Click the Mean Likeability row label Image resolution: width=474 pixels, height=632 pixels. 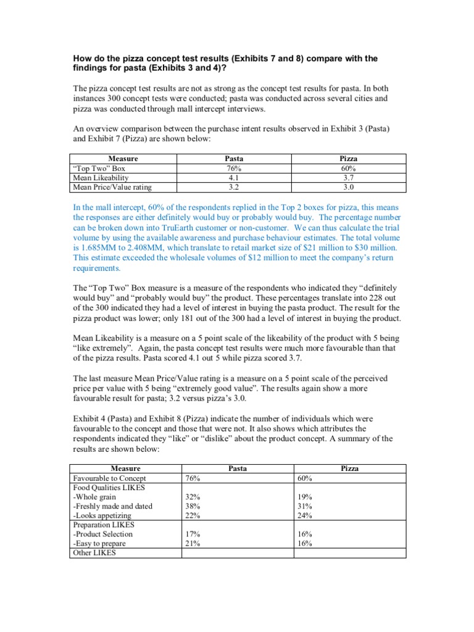click(101, 178)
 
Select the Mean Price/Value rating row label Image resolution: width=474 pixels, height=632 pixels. click(112, 186)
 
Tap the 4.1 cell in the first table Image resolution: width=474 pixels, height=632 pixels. click(233, 178)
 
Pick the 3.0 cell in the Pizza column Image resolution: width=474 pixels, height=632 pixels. click(349, 186)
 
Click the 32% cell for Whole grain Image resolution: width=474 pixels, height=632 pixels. click(193, 497)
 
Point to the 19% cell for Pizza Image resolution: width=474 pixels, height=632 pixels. click(305, 497)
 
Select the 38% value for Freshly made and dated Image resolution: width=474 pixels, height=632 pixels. click(193, 506)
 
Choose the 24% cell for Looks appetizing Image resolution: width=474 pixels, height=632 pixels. click(305, 515)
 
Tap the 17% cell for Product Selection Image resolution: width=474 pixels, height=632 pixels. click(193, 534)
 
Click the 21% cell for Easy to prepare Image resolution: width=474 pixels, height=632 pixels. click(193, 544)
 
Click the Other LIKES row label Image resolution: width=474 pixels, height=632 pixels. click(94, 553)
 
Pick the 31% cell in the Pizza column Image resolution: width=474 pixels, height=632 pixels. click(305, 506)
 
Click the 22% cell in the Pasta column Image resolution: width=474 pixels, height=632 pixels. click(193, 515)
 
